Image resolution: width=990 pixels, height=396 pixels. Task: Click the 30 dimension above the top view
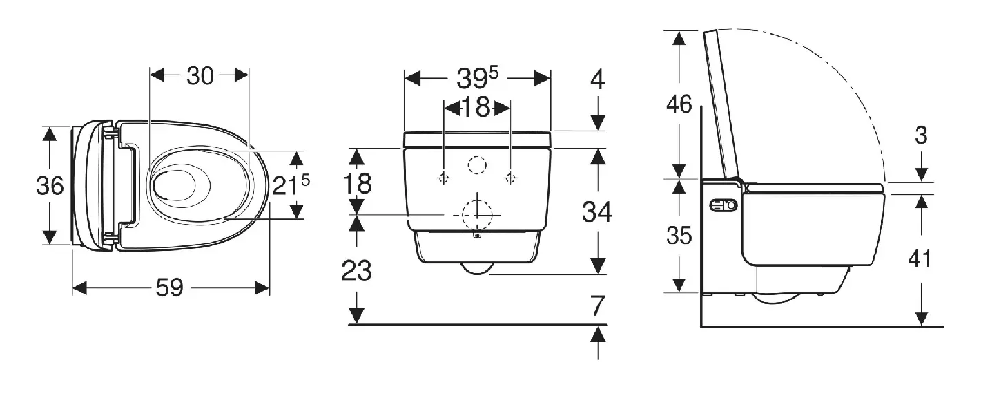coord(200,77)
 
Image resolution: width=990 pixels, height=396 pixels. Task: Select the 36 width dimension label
coord(50,186)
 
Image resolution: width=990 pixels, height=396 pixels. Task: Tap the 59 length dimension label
coord(170,287)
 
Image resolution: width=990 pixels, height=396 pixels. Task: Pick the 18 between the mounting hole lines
coord(477,107)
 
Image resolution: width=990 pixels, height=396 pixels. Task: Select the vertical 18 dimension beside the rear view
coord(358,183)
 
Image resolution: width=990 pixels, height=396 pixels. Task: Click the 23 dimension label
coord(357,270)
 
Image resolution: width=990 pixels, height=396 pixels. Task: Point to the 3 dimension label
coord(920,135)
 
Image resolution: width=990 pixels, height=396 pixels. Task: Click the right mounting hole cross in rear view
coord(510,178)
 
